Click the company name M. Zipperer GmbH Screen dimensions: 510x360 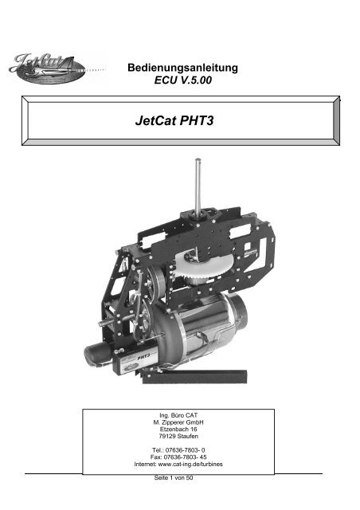tap(178, 423)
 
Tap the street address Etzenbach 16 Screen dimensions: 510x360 tap(178, 430)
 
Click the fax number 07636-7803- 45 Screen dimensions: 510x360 tap(188, 459)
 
